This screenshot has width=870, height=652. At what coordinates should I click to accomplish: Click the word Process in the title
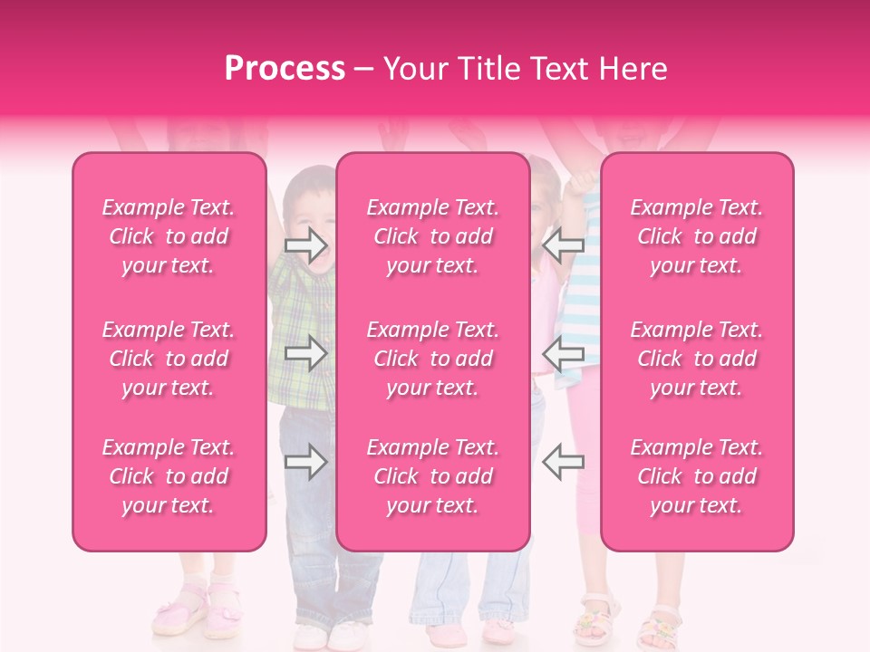285,69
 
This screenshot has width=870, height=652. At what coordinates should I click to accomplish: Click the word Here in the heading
631,69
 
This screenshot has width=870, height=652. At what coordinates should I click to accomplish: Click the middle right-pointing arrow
305,353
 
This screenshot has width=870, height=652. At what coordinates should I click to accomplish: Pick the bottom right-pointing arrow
305,463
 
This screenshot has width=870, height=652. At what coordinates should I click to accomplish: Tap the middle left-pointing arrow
563,353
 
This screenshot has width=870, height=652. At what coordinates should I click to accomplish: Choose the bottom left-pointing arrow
563,463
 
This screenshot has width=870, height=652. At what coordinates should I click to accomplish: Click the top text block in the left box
169,236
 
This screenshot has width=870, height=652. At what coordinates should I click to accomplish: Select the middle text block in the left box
169,359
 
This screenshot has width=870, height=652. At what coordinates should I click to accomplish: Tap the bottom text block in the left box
169,476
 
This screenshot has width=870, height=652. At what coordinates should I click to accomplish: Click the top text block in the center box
433,236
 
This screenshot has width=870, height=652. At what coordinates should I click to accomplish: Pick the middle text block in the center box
433,359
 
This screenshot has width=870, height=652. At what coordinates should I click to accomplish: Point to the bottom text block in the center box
433,476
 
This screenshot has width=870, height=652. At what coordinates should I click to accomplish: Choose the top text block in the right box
697,236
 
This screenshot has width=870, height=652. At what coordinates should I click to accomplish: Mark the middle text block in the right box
697,359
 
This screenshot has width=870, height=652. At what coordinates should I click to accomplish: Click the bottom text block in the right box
697,476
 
